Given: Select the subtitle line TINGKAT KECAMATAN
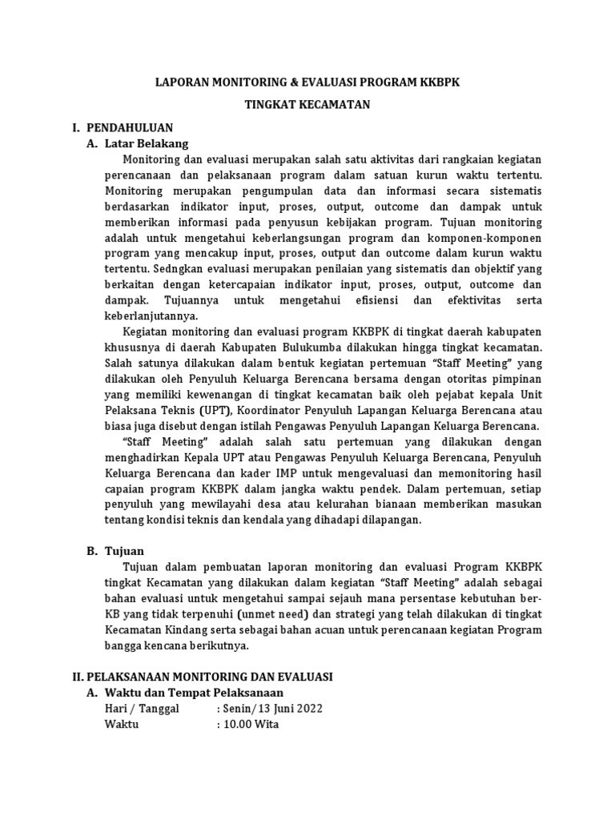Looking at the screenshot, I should [307, 106].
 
